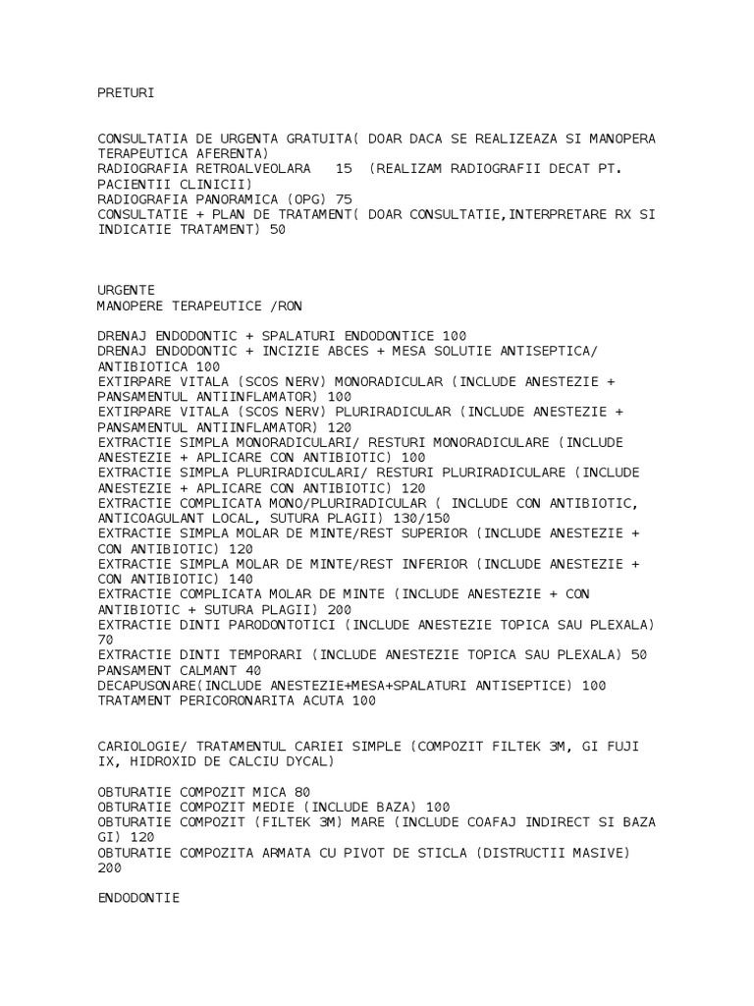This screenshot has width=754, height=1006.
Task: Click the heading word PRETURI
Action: click(x=127, y=93)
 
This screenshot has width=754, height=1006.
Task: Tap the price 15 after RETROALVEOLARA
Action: click(x=344, y=169)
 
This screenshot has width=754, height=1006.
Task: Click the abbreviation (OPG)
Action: click(x=306, y=198)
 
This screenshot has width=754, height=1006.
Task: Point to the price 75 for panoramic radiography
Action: click(x=344, y=198)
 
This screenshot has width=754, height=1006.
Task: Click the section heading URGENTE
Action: click(x=127, y=290)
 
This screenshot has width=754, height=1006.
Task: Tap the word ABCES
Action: click(x=359, y=351)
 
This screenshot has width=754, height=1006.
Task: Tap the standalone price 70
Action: click(x=106, y=640)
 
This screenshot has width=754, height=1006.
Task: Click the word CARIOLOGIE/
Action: click(x=143, y=747)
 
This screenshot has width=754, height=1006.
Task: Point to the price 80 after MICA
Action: click(x=302, y=792)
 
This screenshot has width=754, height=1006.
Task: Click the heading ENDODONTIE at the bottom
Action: click(x=138, y=898)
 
